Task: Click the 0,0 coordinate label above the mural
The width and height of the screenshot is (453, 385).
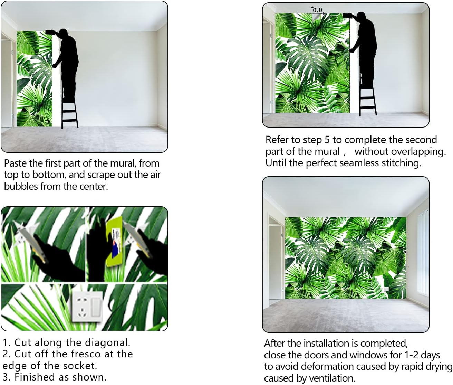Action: [318, 10]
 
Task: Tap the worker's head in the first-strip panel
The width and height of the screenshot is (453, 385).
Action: [63, 33]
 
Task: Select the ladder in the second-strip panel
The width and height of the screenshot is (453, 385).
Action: [368, 100]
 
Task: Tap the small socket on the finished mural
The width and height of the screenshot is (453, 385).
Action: [386, 289]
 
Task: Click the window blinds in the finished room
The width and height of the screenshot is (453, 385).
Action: [423, 255]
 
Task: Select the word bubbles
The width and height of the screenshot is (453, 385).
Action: [21, 187]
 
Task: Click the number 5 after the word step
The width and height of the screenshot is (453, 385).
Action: [327, 140]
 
